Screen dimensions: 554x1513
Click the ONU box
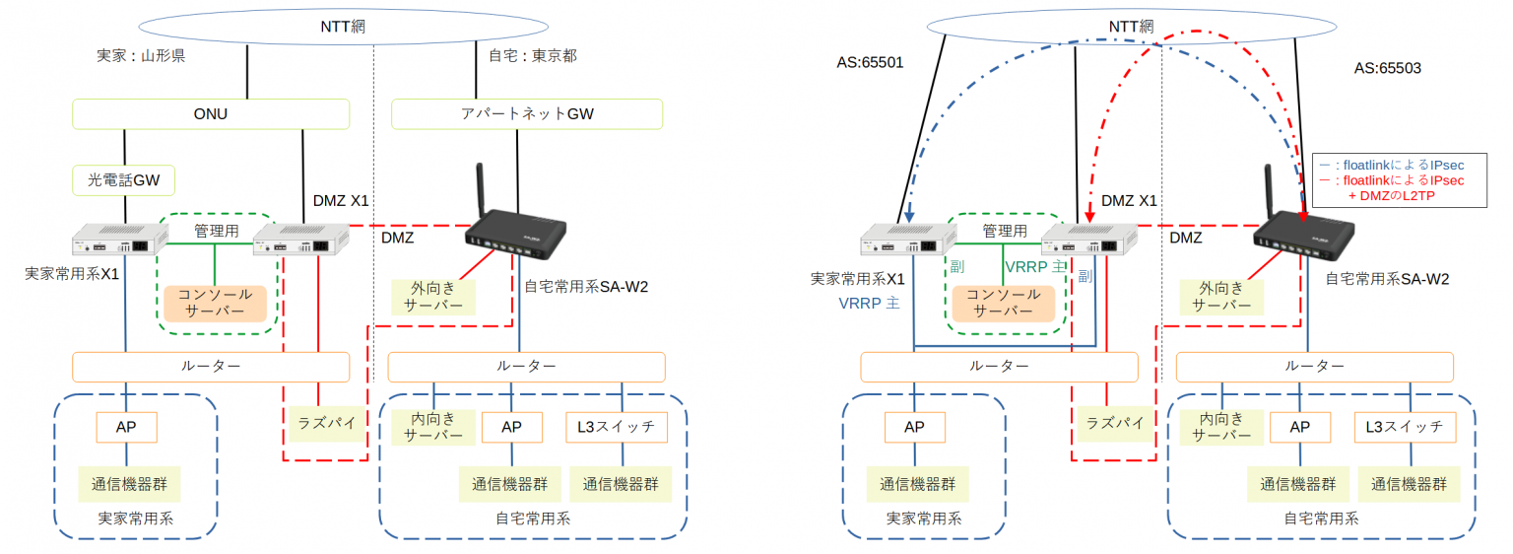(x=211, y=114)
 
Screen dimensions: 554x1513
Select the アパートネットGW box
(x=527, y=114)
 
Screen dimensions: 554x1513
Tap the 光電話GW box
(x=124, y=179)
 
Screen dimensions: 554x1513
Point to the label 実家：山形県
(x=135, y=56)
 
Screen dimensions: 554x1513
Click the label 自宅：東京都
(x=532, y=56)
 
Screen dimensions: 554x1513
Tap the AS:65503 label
(x=1387, y=68)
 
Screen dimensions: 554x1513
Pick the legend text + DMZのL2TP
(x=1403, y=195)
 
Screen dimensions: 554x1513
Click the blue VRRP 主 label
(x=869, y=304)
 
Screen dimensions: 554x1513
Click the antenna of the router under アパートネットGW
(x=482, y=191)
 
